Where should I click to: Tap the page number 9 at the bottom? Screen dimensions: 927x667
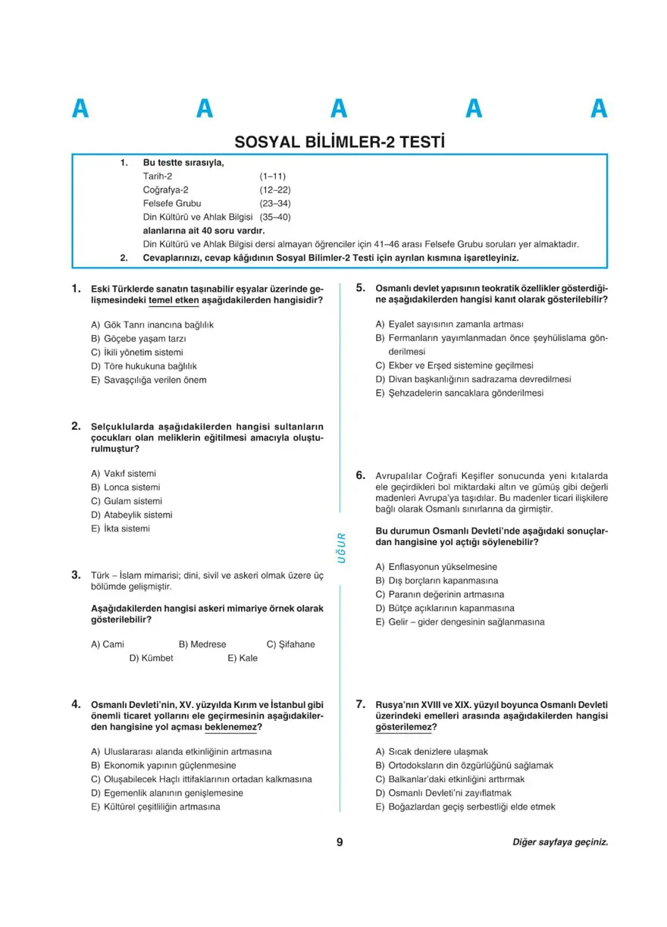(x=340, y=841)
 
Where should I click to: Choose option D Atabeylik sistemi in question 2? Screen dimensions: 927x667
(x=132, y=515)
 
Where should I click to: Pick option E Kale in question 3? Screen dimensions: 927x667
(x=243, y=658)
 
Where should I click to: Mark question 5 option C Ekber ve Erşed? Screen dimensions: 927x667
(x=454, y=365)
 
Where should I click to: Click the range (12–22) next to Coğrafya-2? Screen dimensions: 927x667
(x=275, y=189)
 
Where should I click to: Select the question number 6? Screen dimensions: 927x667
(x=361, y=476)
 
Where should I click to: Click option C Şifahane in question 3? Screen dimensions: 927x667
(x=290, y=644)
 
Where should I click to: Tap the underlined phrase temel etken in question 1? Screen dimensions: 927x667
(x=174, y=301)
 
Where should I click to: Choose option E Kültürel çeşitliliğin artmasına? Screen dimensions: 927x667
(x=155, y=806)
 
